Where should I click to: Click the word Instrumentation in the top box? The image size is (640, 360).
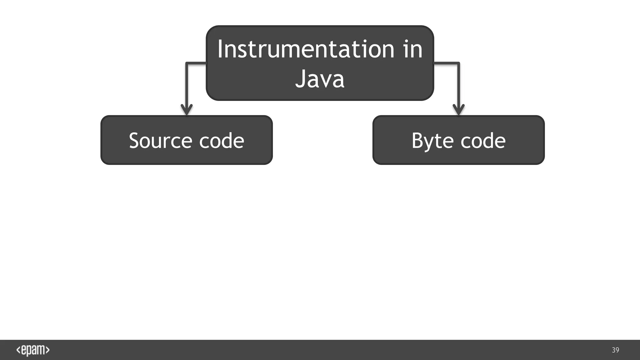click(x=306, y=49)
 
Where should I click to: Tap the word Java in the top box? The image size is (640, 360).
click(x=320, y=78)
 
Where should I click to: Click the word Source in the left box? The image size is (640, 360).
click(x=160, y=141)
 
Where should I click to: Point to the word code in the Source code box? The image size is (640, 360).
click(x=221, y=141)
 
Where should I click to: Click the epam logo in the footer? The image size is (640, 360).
click(x=33, y=350)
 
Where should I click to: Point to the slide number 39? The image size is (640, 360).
click(x=615, y=350)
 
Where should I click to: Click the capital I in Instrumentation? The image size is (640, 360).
click(x=220, y=49)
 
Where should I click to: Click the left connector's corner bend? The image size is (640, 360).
click(x=187, y=63)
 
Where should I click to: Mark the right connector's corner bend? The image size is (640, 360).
click(x=458, y=63)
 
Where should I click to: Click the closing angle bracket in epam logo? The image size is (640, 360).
click(x=47, y=350)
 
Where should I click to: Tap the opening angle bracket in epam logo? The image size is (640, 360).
click(x=18, y=350)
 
